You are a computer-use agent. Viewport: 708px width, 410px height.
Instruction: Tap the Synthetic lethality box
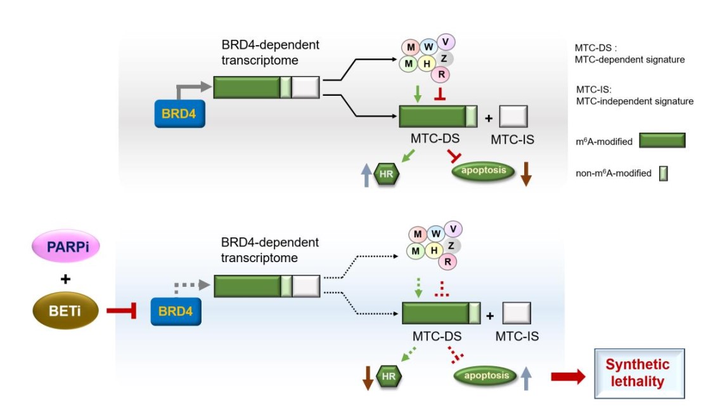coord(639,373)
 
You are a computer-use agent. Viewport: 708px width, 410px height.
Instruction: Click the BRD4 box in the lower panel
coord(176,310)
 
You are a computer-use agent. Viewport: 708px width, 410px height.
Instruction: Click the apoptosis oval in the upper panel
coord(483,171)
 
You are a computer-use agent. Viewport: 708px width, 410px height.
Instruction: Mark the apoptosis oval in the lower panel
coord(485,375)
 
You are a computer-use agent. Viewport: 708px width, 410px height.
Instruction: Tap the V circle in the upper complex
coord(446,42)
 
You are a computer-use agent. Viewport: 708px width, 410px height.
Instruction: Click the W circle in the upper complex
coord(428,47)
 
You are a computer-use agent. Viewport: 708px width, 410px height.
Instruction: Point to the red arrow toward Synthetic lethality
coord(568,376)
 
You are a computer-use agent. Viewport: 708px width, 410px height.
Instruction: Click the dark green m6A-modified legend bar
coord(662,141)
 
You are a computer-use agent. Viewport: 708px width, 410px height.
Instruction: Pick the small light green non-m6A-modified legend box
coord(664,173)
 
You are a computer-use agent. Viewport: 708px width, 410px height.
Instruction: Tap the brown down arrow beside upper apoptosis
coord(525,173)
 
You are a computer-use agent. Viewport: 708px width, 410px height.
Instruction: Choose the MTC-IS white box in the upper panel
coord(514,117)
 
